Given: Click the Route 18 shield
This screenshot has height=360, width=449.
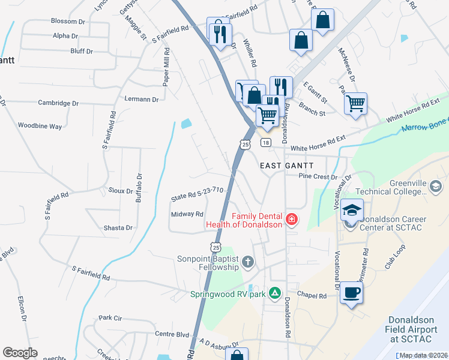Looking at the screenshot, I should point(265,142).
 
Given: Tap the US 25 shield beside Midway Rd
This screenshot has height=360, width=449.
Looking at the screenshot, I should point(216,247).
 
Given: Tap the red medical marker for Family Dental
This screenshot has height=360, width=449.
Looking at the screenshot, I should point(292,220).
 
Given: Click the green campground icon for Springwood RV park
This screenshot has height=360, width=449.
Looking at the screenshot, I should point(274,292).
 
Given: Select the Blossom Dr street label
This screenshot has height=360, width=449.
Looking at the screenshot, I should point(68,21).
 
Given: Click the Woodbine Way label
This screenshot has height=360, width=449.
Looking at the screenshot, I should point(40,127).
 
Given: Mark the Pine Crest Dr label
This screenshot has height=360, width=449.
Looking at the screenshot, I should point(318,177).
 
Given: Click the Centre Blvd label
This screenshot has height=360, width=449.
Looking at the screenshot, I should point(172,334).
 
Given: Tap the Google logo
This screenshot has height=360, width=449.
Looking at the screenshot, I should point(20,353).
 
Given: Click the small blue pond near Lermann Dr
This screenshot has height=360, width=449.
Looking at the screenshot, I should point(185,124).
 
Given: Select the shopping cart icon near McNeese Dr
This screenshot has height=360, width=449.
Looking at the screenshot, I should point(355,104).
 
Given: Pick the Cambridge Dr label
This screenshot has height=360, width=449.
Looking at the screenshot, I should point(59,103).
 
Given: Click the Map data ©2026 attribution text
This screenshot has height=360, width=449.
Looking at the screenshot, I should point(423,355).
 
